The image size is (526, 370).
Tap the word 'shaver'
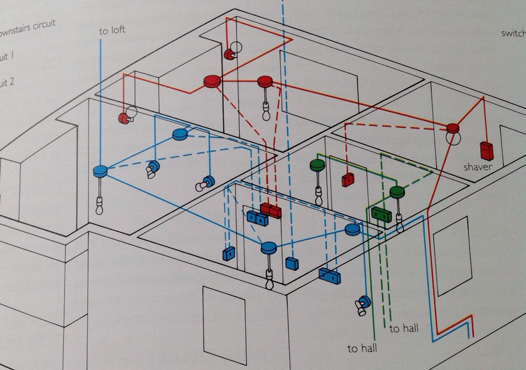[x=478, y=167]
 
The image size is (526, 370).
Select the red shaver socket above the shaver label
[x=487, y=150]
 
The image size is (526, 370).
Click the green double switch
[x=379, y=214]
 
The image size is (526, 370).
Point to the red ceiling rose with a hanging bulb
[x=265, y=81]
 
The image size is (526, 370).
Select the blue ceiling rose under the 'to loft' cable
[x=100, y=170]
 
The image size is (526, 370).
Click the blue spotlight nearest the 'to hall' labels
[x=364, y=305]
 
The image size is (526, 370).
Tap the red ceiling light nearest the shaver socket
[x=452, y=129]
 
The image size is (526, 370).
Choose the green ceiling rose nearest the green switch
[x=397, y=191]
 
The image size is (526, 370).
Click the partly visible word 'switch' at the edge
[x=513, y=33]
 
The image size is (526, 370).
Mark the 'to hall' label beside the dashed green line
[x=403, y=328]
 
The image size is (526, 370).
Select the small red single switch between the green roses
[x=347, y=180]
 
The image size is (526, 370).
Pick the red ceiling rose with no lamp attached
[x=211, y=80]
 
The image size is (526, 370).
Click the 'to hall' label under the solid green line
[x=362, y=348]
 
